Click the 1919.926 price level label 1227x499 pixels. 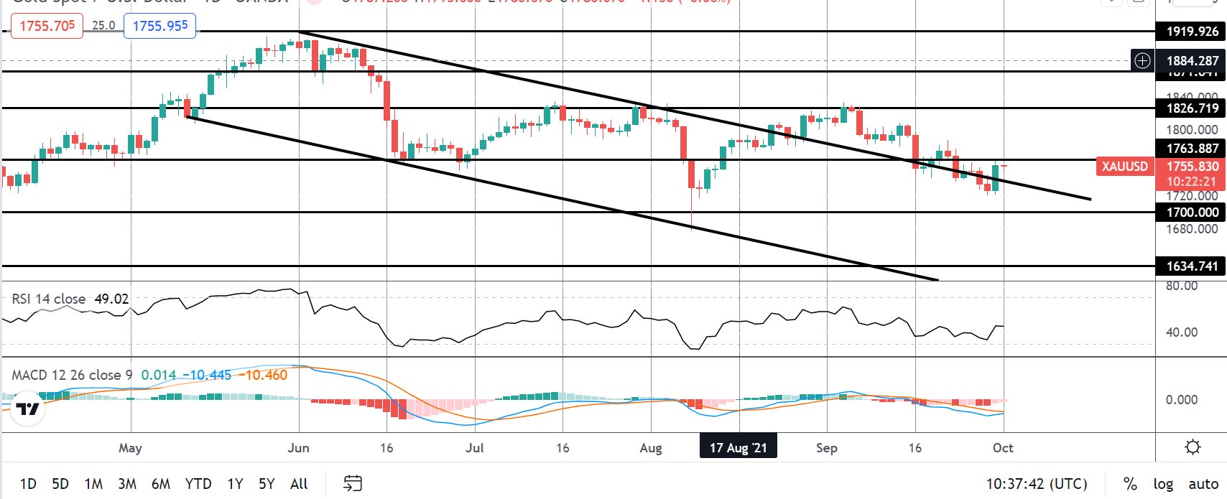(x=1192, y=32)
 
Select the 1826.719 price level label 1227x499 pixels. (x=1192, y=108)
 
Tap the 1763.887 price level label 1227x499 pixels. (x=1192, y=149)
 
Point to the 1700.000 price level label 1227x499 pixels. (x=1192, y=213)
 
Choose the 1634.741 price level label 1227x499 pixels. (x=1192, y=266)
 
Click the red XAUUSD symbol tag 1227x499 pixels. (x=1124, y=167)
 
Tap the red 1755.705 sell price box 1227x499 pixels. (x=47, y=26)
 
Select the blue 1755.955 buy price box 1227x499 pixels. (x=160, y=26)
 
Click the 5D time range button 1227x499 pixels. (x=60, y=484)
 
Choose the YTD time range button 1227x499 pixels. (x=198, y=484)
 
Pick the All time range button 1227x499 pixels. (x=299, y=484)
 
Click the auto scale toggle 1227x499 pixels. (x=1203, y=484)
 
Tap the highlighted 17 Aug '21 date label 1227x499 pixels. (x=738, y=448)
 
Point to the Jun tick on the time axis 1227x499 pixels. (x=298, y=448)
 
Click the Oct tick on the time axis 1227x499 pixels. (x=1003, y=448)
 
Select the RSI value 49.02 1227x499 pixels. (x=111, y=299)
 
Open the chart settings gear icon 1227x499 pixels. (x=1193, y=447)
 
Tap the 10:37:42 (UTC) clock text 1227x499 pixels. (x=1037, y=484)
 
